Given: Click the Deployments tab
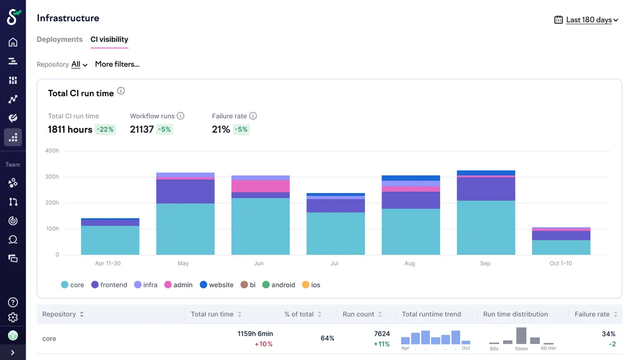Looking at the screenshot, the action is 59,39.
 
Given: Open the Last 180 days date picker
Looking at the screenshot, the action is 586,20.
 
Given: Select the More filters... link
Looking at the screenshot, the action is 117,64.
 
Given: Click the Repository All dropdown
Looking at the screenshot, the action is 79,64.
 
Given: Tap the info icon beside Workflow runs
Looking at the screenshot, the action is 180,116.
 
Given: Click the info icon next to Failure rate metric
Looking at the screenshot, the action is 253,116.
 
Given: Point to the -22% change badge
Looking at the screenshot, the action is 105,130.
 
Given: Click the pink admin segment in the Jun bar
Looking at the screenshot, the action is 260,186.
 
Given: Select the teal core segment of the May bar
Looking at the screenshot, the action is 185,229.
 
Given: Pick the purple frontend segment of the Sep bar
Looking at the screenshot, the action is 486,189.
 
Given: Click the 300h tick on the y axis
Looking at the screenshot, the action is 52,177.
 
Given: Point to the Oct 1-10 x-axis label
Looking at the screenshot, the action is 561,263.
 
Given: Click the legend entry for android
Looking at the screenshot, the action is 279,284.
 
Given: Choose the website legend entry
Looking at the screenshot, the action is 217,284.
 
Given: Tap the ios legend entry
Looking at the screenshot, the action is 311,284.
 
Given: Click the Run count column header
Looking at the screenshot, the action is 362,314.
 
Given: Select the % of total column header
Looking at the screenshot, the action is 303,314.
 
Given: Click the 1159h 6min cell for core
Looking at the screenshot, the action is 255,334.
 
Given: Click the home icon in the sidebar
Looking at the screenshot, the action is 13,42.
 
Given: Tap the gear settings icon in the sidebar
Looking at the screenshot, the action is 13,318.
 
